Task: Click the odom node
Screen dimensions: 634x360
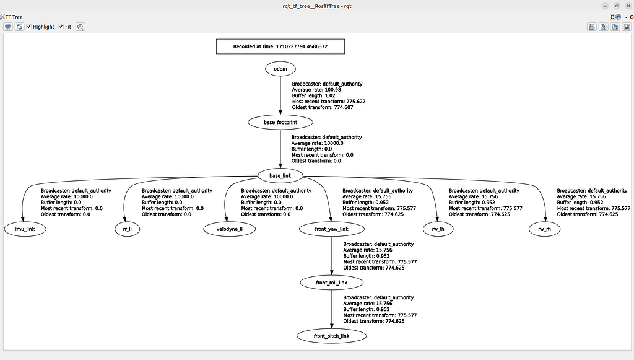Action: [280, 69]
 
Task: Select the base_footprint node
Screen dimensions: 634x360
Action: [280, 122]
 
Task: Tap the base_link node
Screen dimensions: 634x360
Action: [280, 175]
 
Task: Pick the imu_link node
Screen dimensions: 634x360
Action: [25, 229]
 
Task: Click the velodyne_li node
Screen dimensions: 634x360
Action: [229, 229]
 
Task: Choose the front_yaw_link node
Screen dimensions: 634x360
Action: [332, 229]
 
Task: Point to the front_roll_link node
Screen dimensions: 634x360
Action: [332, 283]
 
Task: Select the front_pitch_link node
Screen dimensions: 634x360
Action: [332, 336]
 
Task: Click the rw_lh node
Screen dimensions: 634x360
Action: [438, 229]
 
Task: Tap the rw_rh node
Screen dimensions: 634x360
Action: [544, 229]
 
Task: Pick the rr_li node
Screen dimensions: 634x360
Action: [128, 229]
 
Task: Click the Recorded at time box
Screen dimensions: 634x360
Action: [280, 46]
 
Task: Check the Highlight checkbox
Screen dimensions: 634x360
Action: [29, 27]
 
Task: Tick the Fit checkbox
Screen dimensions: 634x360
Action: [61, 27]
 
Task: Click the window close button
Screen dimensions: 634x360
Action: [628, 6]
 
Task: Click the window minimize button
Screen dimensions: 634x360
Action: [605, 6]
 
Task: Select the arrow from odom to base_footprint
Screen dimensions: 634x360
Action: [280, 95]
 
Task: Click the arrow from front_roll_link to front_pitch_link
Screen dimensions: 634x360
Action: [332, 309]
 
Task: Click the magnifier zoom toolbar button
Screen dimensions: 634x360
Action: [80, 27]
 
